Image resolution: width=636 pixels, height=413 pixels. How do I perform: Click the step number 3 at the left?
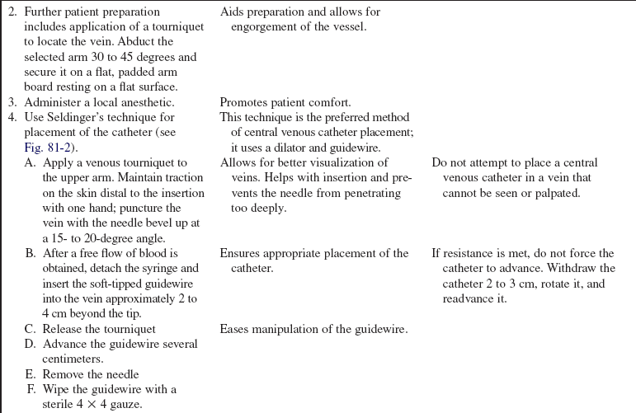(12, 102)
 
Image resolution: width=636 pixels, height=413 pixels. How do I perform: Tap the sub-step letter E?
(31, 373)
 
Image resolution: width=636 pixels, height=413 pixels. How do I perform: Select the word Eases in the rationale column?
(235, 328)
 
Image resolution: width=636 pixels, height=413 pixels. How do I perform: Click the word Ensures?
(241, 253)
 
